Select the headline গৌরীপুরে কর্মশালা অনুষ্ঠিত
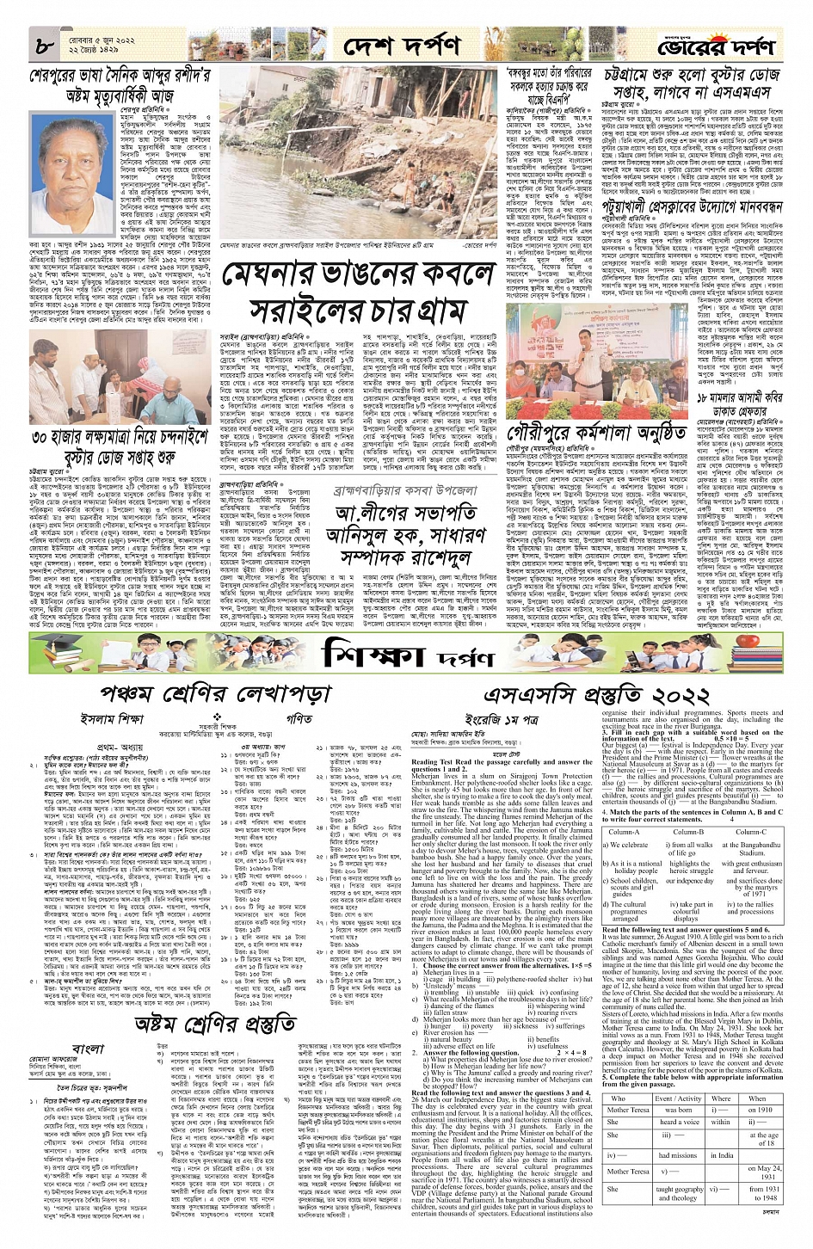tap(594, 430)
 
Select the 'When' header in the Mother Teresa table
tap(756, 1098)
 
